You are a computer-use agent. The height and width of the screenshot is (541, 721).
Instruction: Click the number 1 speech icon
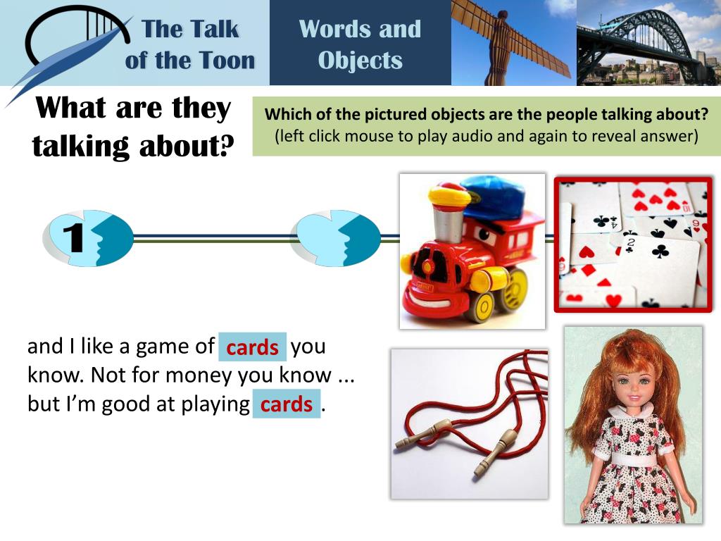(x=88, y=238)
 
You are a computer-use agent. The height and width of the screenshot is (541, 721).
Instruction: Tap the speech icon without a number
(x=335, y=238)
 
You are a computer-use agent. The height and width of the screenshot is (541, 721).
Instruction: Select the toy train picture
(x=472, y=251)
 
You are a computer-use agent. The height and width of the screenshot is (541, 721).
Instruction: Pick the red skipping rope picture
(x=470, y=423)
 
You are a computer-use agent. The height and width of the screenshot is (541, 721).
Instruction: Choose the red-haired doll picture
(x=633, y=424)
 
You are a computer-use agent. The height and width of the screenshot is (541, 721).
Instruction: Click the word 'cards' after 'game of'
(x=252, y=347)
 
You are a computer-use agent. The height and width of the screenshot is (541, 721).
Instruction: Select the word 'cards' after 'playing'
(x=286, y=404)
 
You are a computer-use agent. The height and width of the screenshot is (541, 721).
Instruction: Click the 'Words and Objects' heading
(x=360, y=44)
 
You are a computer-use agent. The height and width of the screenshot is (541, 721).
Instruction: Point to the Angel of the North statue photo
(x=513, y=42)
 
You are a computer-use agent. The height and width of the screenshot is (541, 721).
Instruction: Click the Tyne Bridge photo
(x=648, y=42)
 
